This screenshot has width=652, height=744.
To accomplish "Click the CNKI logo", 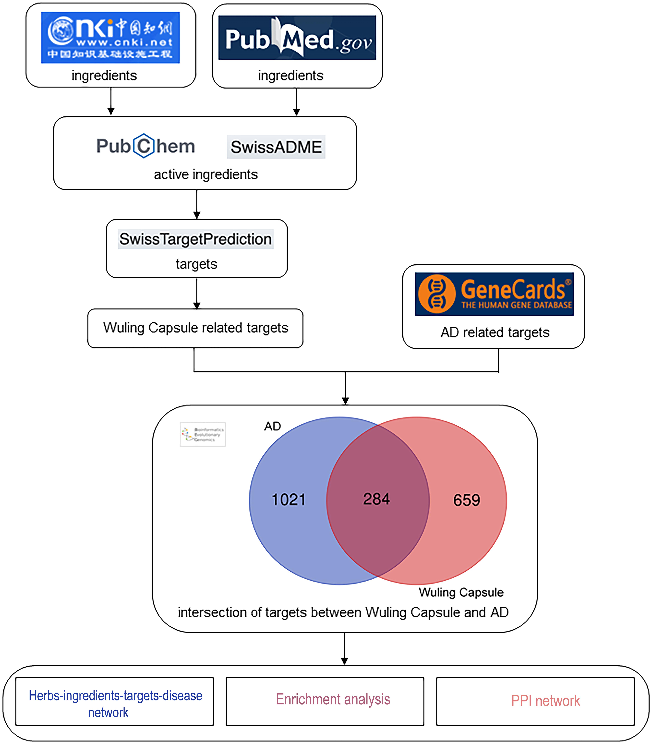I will click(110, 37).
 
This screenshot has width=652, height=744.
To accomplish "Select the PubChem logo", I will click(145, 146).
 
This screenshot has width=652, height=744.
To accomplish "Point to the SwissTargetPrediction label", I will click(196, 239).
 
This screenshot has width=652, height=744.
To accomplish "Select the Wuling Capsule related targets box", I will click(195, 328).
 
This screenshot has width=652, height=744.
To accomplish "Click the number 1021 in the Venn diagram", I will click(288, 499).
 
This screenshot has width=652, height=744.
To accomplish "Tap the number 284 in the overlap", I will click(376, 499).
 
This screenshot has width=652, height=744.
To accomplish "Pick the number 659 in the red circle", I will click(467, 500).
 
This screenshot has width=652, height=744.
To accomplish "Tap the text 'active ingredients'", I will click(206, 174).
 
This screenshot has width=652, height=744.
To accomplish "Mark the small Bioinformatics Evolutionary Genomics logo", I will click(203, 434).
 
